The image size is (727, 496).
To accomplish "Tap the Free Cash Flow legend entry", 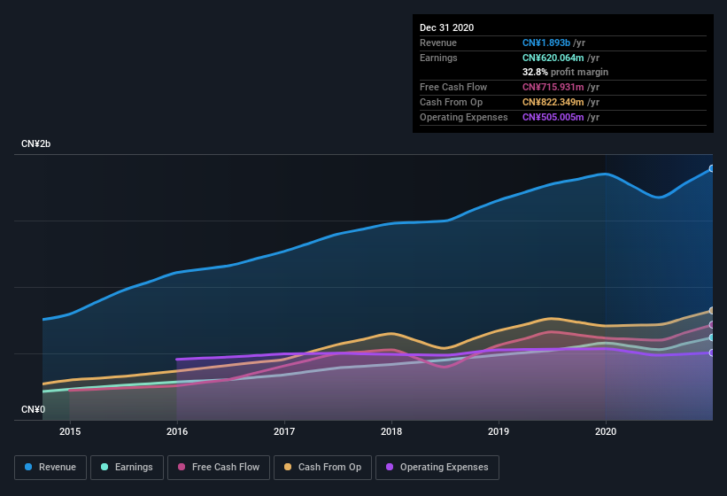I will tap(219, 467).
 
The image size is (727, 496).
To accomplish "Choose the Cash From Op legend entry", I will tap(321, 467).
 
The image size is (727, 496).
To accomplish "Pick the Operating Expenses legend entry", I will tap(437, 467).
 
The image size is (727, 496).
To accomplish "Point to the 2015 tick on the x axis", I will tap(70, 431).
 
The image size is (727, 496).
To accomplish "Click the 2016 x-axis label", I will tap(177, 431).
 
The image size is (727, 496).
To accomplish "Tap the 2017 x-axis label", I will tap(284, 431).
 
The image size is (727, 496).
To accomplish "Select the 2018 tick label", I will tap(391, 431).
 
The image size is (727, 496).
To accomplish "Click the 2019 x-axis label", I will tap(499, 431).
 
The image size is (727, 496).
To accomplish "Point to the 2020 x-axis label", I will tap(606, 431).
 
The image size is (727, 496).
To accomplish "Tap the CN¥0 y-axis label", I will tap(33, 409).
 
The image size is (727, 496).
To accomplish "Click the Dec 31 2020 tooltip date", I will tap(446, 27).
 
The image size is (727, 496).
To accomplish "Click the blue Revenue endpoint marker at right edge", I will tap(712, 168).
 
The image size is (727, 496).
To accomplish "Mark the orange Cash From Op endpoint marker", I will tap(712, 311).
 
